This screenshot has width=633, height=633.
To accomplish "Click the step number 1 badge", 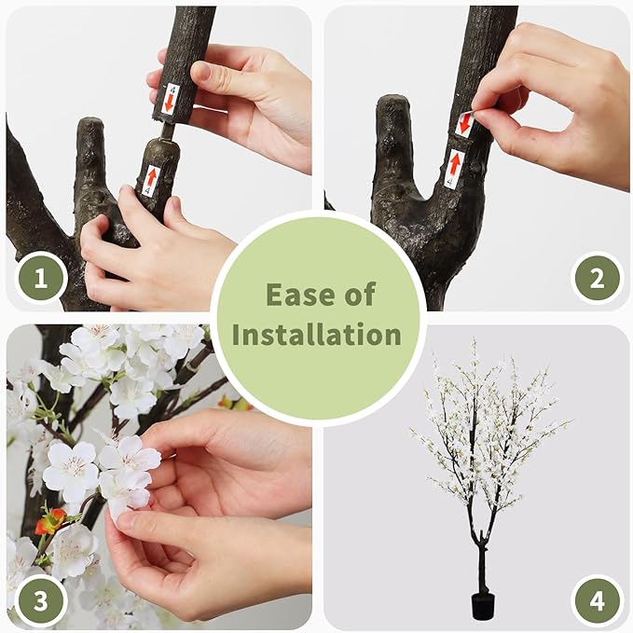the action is (40, 278).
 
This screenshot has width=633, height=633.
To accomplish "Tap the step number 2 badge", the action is (597, 278).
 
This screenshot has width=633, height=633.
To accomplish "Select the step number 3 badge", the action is (40, 600).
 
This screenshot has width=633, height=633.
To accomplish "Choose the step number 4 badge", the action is (597, 600).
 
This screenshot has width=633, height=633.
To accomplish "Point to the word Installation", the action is (317, 335).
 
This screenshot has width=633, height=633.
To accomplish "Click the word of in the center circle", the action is (360, 295).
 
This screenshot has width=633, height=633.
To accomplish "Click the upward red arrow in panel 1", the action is (151, 177).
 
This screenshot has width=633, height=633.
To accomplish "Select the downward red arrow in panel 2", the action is (464, 124).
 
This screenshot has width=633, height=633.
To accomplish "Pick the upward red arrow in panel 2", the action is (455, 165).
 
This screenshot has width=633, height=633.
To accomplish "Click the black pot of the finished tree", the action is (483, 606).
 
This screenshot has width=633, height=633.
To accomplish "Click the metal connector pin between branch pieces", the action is (167, 131).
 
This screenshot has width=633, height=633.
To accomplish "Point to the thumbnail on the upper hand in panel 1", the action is (206, 73).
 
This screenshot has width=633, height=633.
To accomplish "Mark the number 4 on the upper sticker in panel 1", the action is (172, 89).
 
